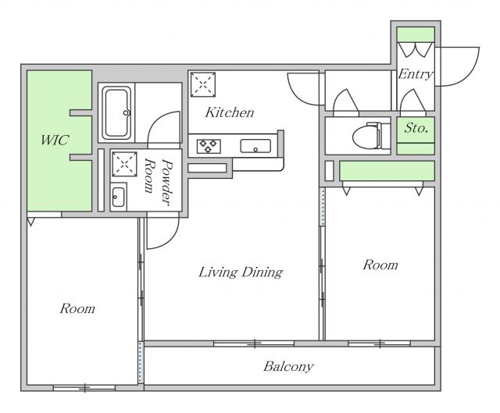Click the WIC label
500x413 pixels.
[x=55, y=140]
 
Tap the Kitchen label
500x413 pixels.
[x=230, y=112]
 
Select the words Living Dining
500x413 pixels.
[x=241, y=272]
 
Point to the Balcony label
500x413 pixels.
[x=288, y=366]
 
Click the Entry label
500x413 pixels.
[x=416, y=74]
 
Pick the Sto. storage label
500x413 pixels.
[x=416, y=128]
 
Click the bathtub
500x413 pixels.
[x=116, y=112]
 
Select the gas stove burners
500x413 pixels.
[x=209, y=146]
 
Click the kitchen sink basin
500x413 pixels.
[x=255, y=146]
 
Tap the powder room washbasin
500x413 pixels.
[x=118, y=198]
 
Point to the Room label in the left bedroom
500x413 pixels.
[x=77, y=308]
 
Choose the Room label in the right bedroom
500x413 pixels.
[x=380, y=265]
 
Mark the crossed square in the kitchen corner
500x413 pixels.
[x=203, y=84]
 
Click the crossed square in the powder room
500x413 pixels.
[x=124, y=164]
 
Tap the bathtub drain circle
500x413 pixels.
[x=126, y=112]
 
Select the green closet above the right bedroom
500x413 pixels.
[x=387, y=171]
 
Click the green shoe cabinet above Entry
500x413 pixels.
[x=416, y=34]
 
